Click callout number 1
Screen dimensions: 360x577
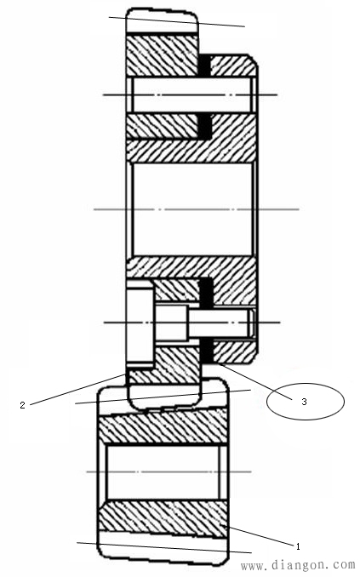[x=298, y=546]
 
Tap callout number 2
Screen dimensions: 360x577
[x=23, y=405]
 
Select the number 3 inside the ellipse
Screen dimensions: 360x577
[x=304, y=402]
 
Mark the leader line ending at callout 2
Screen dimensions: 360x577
[x=77, y=390]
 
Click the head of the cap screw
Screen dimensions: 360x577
[x=140, y=323]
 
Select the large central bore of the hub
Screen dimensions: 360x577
[x=193, y=209]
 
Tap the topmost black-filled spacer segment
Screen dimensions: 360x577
[x=204, y=66]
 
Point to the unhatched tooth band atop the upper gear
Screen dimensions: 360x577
[x=162, y=21]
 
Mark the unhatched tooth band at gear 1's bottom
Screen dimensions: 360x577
[x=163, y=547]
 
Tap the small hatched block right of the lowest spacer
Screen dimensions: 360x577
[x=234, y=351]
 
